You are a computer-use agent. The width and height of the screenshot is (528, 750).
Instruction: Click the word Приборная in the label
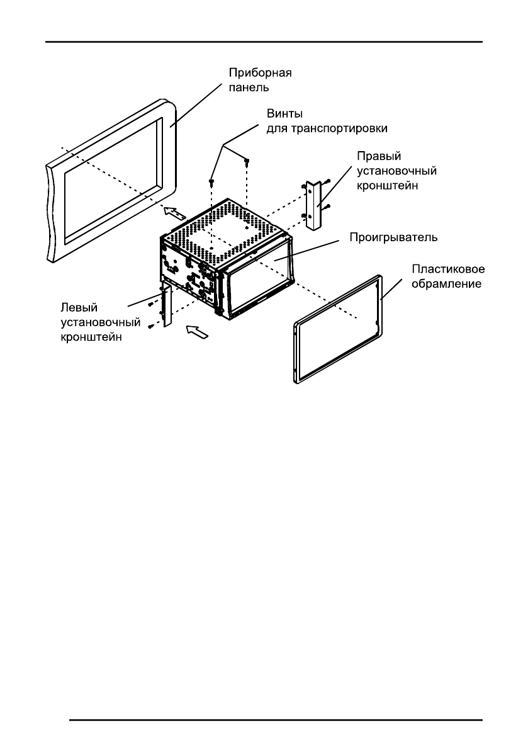click(260, 72)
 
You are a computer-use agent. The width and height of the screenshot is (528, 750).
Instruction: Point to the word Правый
click(375, 156)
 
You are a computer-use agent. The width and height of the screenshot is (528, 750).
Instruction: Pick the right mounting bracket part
click(313, 207)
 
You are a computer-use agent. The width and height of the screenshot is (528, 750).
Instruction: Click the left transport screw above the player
click(211, 183)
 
